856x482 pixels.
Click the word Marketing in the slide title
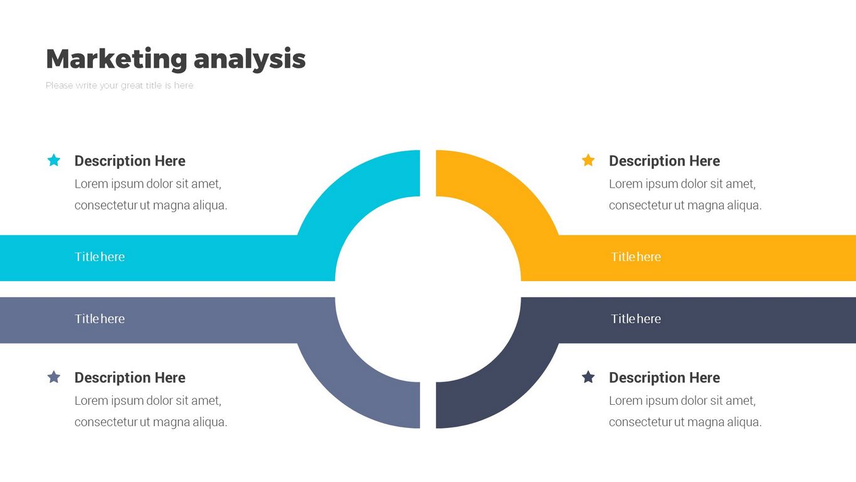tap(117, 59)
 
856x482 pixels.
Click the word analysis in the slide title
tap(250, 59)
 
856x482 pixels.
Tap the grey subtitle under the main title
tap(119, 85)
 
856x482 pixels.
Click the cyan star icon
tap(54, 161)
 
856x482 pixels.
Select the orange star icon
tap(588, 161)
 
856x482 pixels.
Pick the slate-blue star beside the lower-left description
tap(54, 377)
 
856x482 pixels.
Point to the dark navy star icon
tap(588, 377)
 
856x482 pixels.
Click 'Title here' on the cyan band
tap(100, 257)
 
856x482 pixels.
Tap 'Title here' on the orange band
tap(636, 257)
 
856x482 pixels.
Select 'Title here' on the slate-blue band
tap(100, 319)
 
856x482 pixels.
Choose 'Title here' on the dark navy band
tap(636, 319)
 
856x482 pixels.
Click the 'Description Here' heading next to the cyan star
tap(130, 161)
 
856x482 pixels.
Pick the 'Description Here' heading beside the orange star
tap(664, 161)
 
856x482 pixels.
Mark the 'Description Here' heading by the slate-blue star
tap(130, 378)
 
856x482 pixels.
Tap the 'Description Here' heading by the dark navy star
tap(664, 378)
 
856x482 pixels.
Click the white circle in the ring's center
tap(428, 289)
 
